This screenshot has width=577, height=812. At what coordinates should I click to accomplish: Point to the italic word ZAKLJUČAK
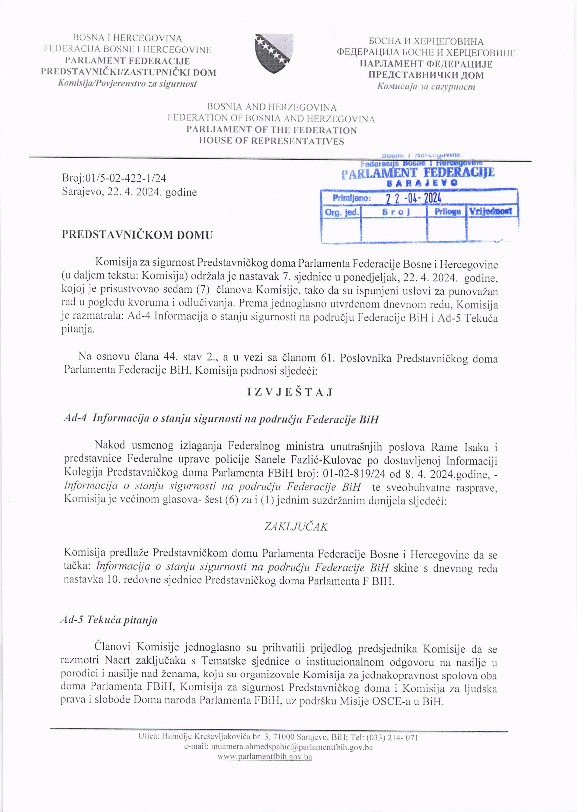296,526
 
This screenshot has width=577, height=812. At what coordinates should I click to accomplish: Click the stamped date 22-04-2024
413,198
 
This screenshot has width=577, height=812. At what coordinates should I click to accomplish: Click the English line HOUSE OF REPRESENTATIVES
271,141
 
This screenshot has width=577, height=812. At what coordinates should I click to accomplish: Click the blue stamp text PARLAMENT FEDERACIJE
418,173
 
